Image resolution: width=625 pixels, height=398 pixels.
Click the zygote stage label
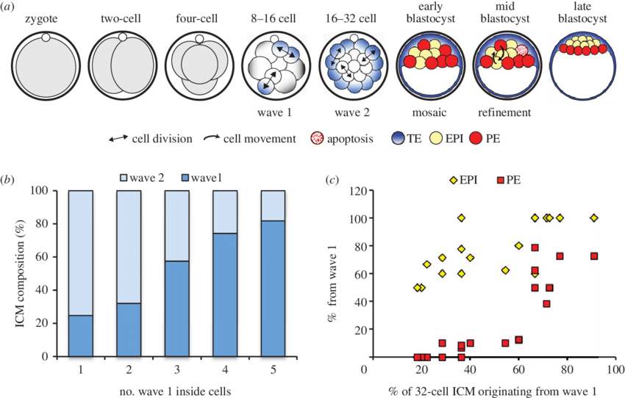point(41,18)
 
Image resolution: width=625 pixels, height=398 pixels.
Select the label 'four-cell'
point(196,18)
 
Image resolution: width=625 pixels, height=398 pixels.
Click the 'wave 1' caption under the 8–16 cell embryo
point(274,112)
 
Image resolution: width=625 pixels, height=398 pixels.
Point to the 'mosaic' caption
point(429,112)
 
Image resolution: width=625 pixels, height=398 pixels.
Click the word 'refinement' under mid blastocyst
point(504,112)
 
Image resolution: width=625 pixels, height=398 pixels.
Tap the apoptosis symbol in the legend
point(318,139)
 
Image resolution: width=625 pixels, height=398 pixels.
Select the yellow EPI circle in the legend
point(437,139)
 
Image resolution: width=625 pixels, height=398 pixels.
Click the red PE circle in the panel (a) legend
point(476,139)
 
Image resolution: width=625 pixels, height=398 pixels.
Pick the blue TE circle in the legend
point(399,139)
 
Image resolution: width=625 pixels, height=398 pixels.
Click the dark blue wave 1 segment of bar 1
point(81,336)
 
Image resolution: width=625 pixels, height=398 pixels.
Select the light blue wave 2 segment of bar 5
point(273,206)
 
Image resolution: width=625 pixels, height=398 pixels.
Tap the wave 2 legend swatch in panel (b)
point(123,178)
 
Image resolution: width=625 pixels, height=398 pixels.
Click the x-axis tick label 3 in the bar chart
point(176,370)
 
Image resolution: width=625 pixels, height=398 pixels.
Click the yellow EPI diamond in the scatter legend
point(453,181)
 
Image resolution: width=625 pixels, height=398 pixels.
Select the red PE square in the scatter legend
point(501,181)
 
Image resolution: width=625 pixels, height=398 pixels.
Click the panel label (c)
point(332,180)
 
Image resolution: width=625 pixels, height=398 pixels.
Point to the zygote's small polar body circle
point(46,37)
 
